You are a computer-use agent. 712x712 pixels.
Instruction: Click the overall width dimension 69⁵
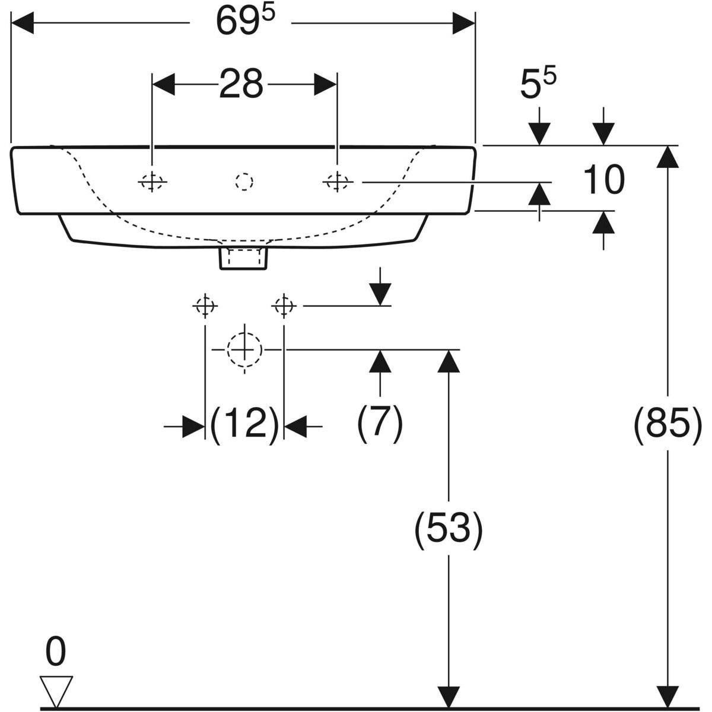click(x=246, y=21)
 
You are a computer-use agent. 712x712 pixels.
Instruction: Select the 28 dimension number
click(x=241, y=84)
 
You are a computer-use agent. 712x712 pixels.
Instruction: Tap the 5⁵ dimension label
click(x=538, y=85)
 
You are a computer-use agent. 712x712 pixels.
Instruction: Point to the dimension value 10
click(x=604, y=180)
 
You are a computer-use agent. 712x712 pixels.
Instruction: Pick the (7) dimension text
click(x=380, y=422)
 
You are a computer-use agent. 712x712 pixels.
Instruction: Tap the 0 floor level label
click(x=56, y=651)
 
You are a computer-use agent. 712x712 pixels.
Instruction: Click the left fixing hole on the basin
click(x=152, y=182)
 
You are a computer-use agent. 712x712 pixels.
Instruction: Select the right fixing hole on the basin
click(x=337, y=182)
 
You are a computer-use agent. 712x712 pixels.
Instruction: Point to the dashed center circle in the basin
click(x=244, y=182)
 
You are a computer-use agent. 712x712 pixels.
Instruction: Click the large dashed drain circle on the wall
click(x=244, y=349)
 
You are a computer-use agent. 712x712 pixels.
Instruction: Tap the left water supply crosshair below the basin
click(x=205, y=306)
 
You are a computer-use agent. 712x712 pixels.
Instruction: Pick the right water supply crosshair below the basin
click(x=284, y=306)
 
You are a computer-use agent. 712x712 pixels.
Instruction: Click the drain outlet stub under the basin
click(x=243, y=259)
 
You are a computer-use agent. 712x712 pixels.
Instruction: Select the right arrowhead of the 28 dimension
click(x=325, y=84)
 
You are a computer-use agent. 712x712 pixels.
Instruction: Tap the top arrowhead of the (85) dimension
click(x=667, y=157)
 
